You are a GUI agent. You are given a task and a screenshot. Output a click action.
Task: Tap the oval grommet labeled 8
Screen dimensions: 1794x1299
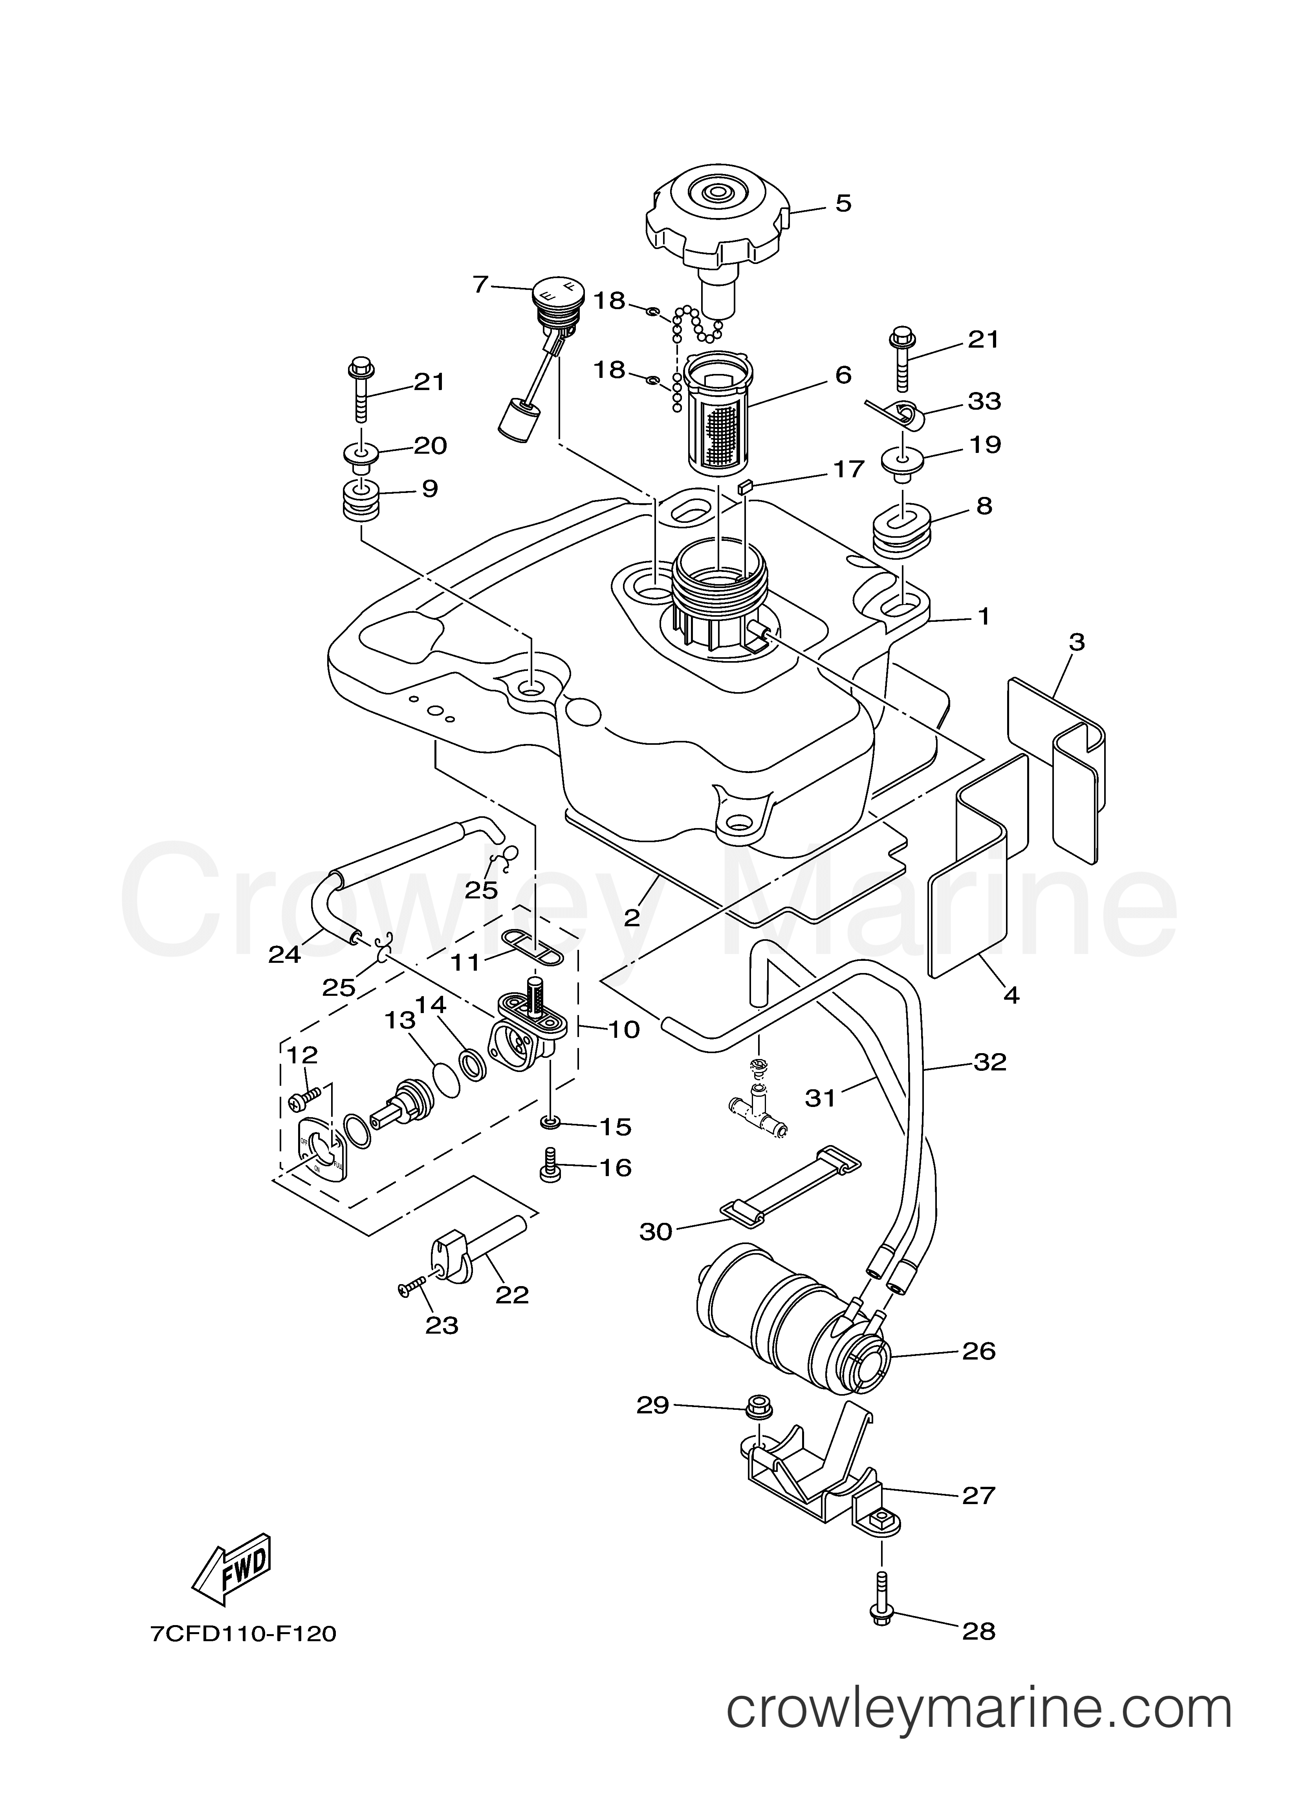coord(903,528)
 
